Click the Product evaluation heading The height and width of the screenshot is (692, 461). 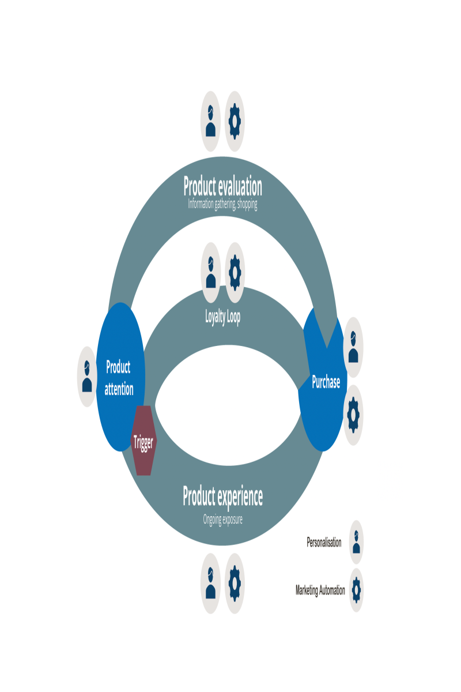[x=222, y=187]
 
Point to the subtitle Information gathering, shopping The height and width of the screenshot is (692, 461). [x=222, y=204]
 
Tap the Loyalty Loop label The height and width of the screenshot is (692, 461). [x=222, y=317]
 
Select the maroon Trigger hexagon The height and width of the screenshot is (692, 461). [x=143, y=441]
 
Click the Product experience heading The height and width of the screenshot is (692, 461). [x=222, y=497]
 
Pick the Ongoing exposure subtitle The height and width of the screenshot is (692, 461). [x=222, y=520]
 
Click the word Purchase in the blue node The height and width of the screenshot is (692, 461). [x=326, y=382]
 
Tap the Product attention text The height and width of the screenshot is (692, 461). [x=119, y=378]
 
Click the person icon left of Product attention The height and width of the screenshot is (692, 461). [x=87, y=377]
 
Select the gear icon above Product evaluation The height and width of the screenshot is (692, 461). [x=235, y=122]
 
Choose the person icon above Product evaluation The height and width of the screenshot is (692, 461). [x=210, y=122]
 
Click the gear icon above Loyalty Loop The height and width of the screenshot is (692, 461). [x=235, y=273]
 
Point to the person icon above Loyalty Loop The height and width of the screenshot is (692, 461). [x=210, y=273]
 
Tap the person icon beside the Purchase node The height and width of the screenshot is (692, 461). [x=353, y=347]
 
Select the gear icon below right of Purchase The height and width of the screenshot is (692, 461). [x=353, y=415]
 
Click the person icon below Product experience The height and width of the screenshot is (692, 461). [x=210, y=584]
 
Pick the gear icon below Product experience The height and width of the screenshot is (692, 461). [x=235, y=584]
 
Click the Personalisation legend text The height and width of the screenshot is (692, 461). [x=324, y=543]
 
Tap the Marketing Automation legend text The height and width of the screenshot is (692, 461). [x=320, y=591]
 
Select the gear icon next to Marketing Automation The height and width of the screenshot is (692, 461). [x=356, y=590]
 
